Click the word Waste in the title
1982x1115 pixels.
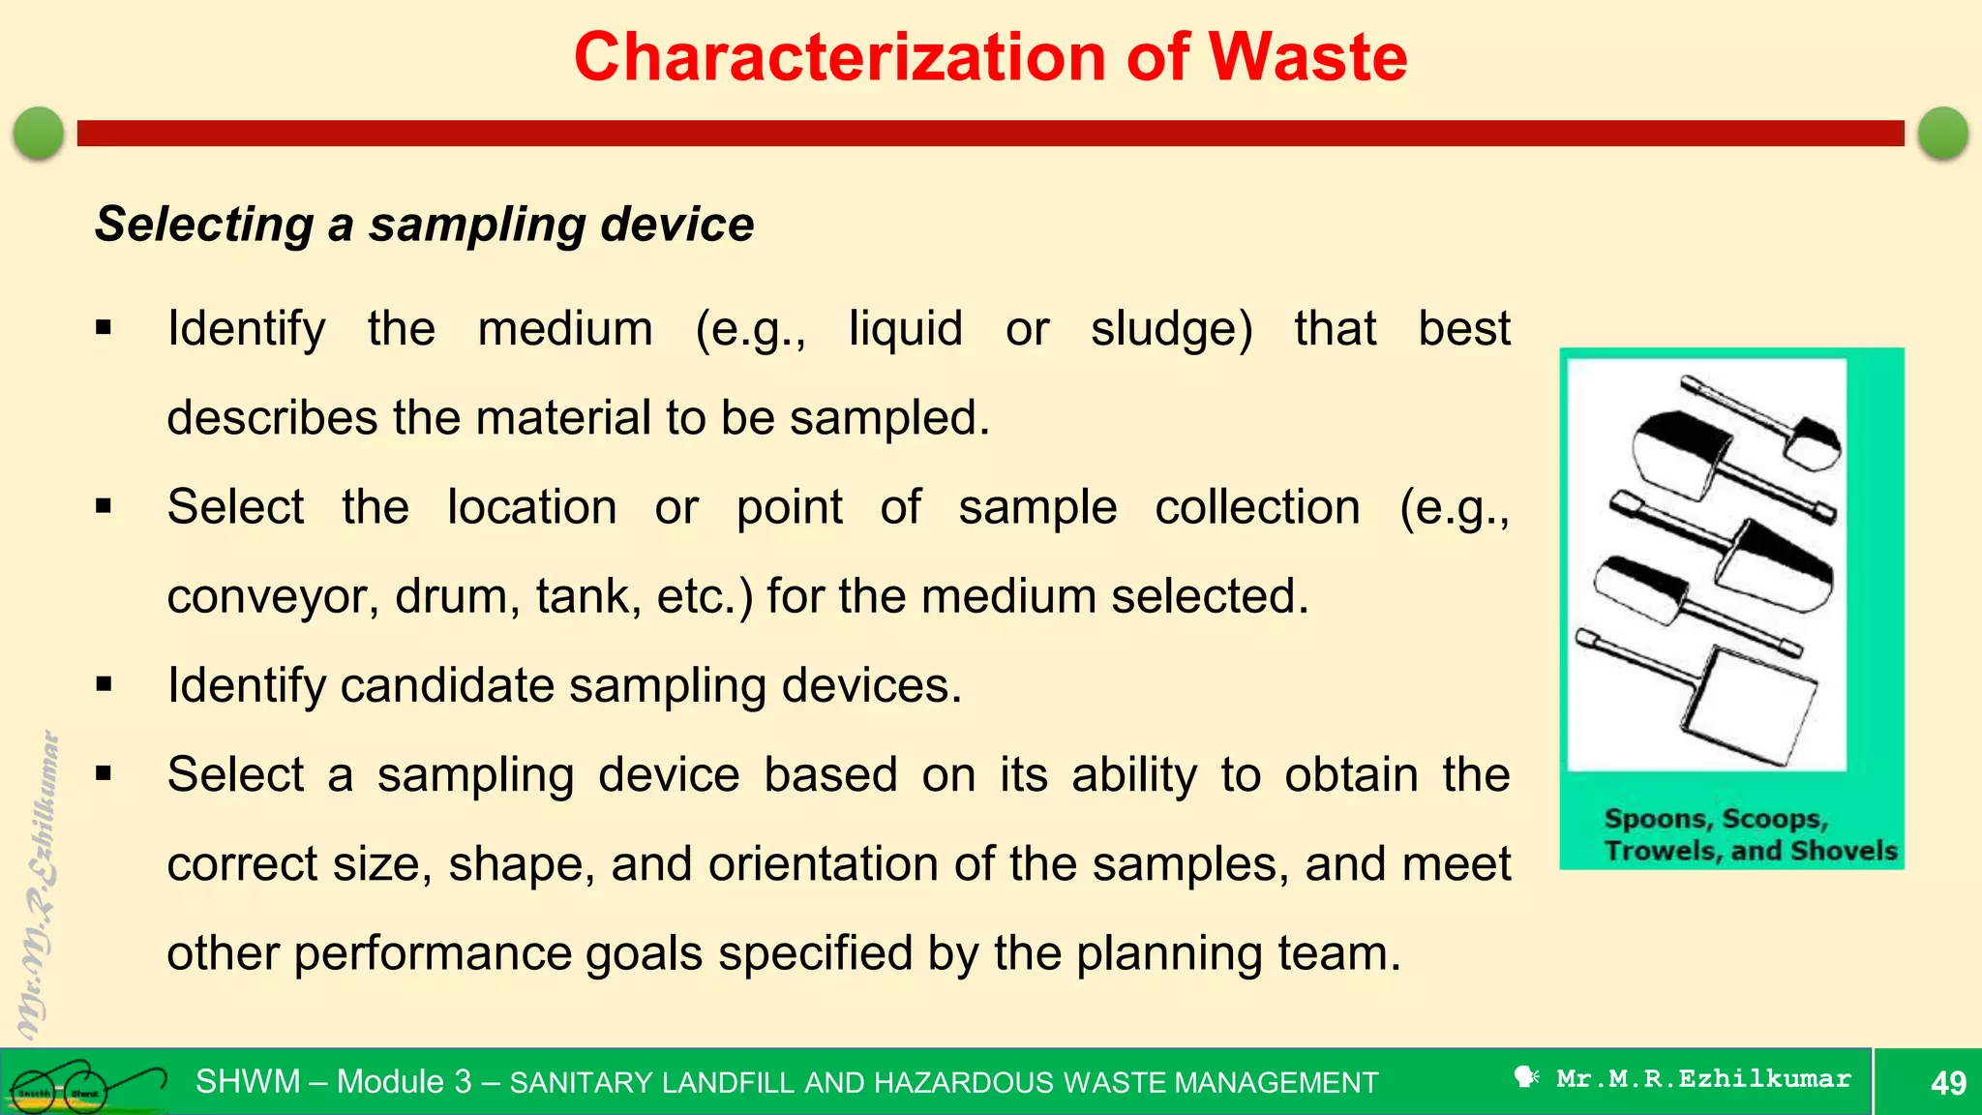tap(1307, 57)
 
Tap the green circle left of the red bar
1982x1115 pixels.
tap(39, 133)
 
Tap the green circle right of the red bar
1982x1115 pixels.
tap(1942, 133)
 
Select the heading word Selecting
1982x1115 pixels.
tap(204, 225)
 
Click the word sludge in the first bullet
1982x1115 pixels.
tap(1171, 329)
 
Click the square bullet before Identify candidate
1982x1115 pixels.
tap(105, 685)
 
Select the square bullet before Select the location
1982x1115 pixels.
tap(105, 506)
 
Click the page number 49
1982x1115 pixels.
tap(1948, 1082)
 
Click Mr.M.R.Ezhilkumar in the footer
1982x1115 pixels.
tap(1703, 1078)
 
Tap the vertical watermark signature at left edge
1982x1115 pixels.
tap(39, 881)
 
